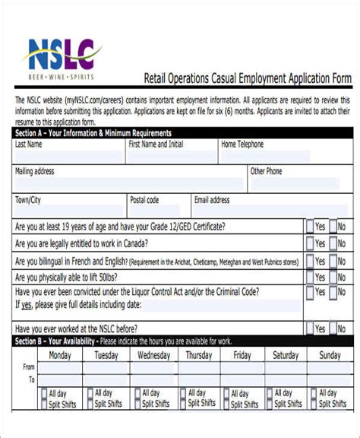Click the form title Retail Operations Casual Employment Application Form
pos(248,78)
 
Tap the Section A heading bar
pos(181,133)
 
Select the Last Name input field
pos(68,155)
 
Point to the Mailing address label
pos(35,172)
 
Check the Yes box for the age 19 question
pos(310,227)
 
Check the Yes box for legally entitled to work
pos(310,243)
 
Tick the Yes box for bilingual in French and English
pos(310,261)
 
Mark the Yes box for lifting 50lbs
pos(310,278)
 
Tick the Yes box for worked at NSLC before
pos(310,328)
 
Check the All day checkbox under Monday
pos(44,394)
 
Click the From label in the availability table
pos(29,367)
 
